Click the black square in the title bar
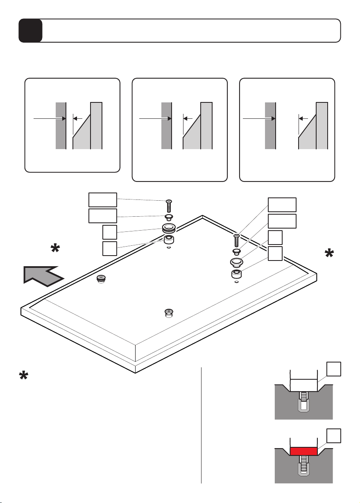coord(30,31)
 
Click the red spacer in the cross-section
coord(303,451)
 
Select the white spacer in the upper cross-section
coord(303,385)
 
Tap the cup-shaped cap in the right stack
coord(237,262)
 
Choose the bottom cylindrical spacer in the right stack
coord(236,274)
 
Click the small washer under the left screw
coord(169,216)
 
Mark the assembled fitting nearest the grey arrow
coord(101,279)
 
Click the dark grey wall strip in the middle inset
coord(166,125)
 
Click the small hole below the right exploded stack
coord(236,282)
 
